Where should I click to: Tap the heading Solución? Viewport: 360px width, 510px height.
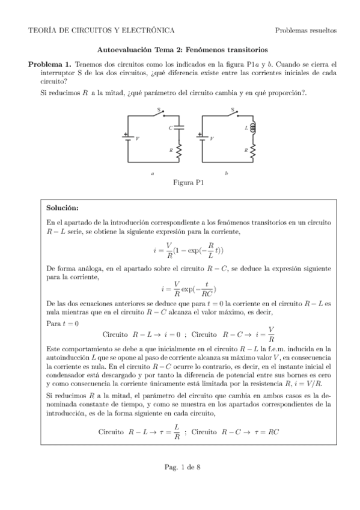62,208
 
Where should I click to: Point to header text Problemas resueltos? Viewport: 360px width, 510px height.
305,30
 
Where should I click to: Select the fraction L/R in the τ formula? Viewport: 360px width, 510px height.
176,432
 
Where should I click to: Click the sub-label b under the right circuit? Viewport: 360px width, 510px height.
226,173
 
